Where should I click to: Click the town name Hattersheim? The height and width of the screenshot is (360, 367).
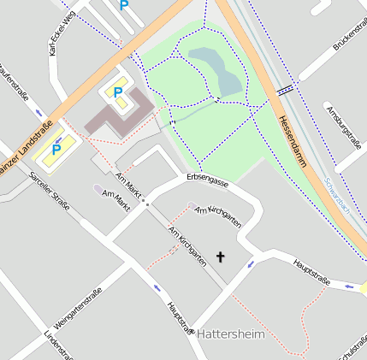coord(231,334)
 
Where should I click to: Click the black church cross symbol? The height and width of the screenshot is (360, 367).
coord(221,257)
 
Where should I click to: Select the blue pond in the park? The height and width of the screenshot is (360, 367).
coord(217,71)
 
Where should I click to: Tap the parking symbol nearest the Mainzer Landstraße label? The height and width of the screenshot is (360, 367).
coord(56,150)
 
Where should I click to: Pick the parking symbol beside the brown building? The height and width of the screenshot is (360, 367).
coord(117,91)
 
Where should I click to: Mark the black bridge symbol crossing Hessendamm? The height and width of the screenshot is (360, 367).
coord(286,88)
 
